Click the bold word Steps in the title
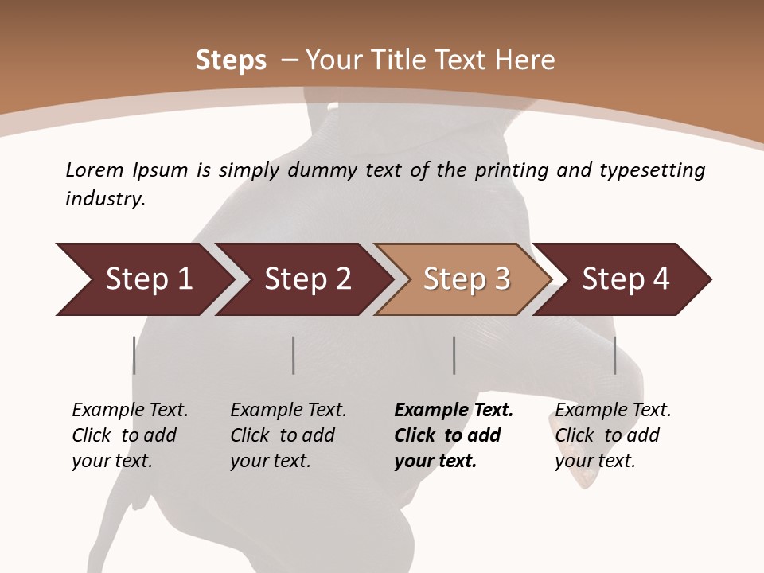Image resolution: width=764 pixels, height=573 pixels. (x=231, y=60)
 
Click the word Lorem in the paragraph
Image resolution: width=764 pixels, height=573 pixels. (x=93, y=170)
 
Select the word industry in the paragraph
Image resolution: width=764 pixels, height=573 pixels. (x=104, y=199)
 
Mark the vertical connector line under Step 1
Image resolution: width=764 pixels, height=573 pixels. (x=134, y=355)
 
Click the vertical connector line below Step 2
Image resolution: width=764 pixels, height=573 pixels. (x=294, y=355)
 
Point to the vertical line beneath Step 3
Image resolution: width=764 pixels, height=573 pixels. (x=454, y=355)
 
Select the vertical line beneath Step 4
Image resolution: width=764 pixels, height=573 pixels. (x=614, y=355)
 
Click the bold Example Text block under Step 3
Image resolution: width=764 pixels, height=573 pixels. (x=454, y=435)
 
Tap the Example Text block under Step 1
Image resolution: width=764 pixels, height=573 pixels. (x=130, y=435)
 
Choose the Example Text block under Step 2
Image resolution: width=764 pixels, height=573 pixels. (x=288, y=435)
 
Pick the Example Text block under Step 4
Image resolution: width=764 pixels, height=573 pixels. (x=613, y=435)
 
